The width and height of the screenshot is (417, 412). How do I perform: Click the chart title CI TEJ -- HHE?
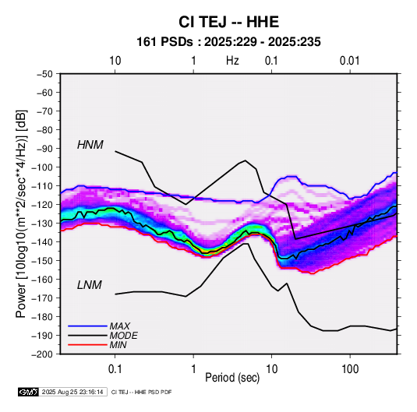pos(228,22)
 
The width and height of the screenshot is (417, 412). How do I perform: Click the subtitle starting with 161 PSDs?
pos(228,42)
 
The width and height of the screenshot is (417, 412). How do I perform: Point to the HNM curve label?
pos(90,145)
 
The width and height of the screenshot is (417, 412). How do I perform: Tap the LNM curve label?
pos(90,285)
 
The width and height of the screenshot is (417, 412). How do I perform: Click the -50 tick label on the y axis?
pos(44,74)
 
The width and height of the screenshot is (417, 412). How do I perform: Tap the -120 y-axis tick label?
pos(42,205)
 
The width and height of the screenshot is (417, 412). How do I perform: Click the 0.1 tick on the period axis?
pos(115,369)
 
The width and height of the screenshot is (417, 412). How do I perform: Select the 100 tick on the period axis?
pos(350,369)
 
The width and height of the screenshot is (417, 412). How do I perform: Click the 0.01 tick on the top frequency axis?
pos(350,61)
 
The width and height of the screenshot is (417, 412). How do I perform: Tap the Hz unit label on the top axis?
pos(232,61)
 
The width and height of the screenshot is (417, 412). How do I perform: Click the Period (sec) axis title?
pos(232,378)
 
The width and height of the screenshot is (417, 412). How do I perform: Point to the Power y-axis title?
pos(21,213)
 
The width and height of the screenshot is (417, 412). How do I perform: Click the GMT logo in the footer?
pos(29,392)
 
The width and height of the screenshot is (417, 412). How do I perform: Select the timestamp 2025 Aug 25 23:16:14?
pos(72,392)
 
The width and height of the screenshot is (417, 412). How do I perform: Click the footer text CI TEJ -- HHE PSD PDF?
pos(142,392)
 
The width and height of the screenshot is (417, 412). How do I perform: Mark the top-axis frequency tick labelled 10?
pos(115,61)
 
